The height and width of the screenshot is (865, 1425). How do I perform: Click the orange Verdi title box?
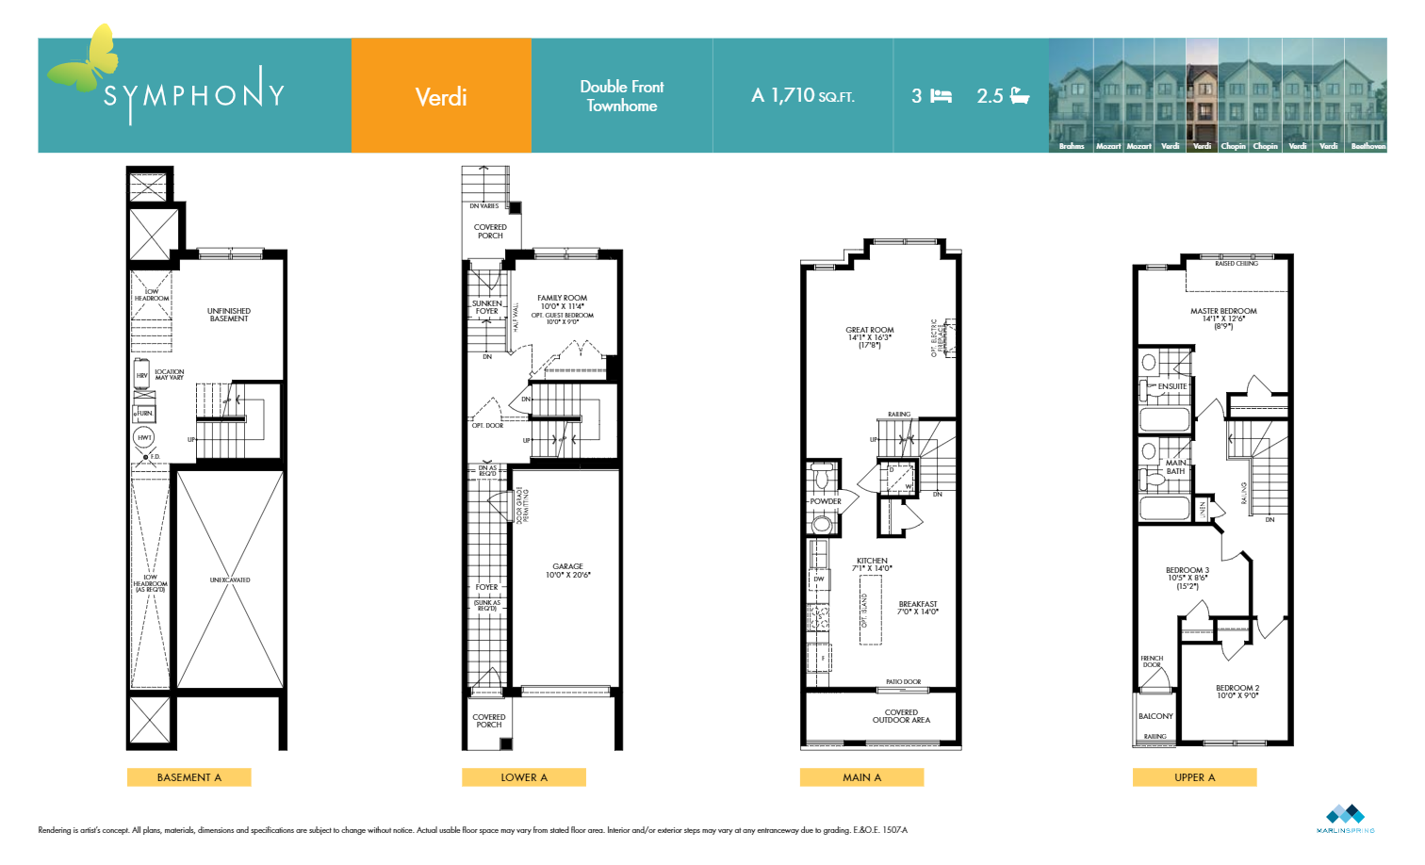coord(441,96)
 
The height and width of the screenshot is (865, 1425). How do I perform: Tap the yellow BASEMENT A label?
coord(189,777)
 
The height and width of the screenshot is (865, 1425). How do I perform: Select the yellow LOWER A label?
coord(524,777)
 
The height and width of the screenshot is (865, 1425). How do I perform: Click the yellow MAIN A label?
coord(861,777)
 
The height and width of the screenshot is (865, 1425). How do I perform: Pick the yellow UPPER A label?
coord(1194,777)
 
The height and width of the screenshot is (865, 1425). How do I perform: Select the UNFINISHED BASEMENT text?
coord(229,315)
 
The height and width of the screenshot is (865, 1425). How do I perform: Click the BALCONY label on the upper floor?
coord(1155,716)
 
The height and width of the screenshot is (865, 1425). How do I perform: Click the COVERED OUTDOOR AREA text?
coord(901,716)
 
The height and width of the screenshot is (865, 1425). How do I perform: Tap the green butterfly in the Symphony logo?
coord(86,61)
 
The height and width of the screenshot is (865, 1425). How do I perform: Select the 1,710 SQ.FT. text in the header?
coord(803,96)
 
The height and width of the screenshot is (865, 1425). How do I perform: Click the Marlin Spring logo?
coord(1345,818)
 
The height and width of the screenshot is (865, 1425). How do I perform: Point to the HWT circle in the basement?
coord(144,437)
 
